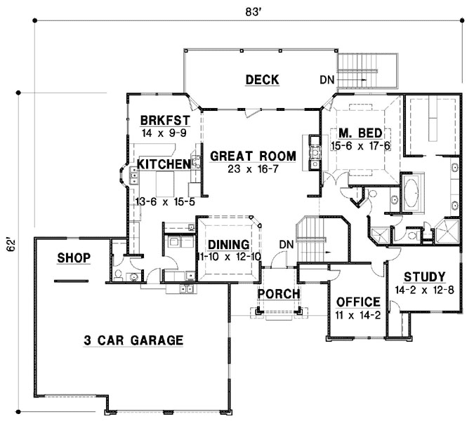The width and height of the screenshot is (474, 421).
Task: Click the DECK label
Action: [262, 79]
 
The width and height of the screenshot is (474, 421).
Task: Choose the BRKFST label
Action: [164, 119]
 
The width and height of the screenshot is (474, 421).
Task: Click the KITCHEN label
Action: [164, 164]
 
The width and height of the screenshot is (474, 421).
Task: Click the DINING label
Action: [229, 244]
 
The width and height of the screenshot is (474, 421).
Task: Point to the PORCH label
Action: [279, 293]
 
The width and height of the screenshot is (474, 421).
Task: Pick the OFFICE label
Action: [359, 302]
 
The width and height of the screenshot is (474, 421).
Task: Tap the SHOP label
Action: [74, 258]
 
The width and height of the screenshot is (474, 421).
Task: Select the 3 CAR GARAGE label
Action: [133, 340]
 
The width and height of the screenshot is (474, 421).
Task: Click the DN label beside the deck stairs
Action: [327, 80]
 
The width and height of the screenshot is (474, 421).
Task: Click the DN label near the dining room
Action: [285, 243]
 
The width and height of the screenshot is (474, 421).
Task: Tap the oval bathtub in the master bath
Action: [412, 192]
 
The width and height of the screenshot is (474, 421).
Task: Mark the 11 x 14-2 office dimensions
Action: [359, 315]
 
